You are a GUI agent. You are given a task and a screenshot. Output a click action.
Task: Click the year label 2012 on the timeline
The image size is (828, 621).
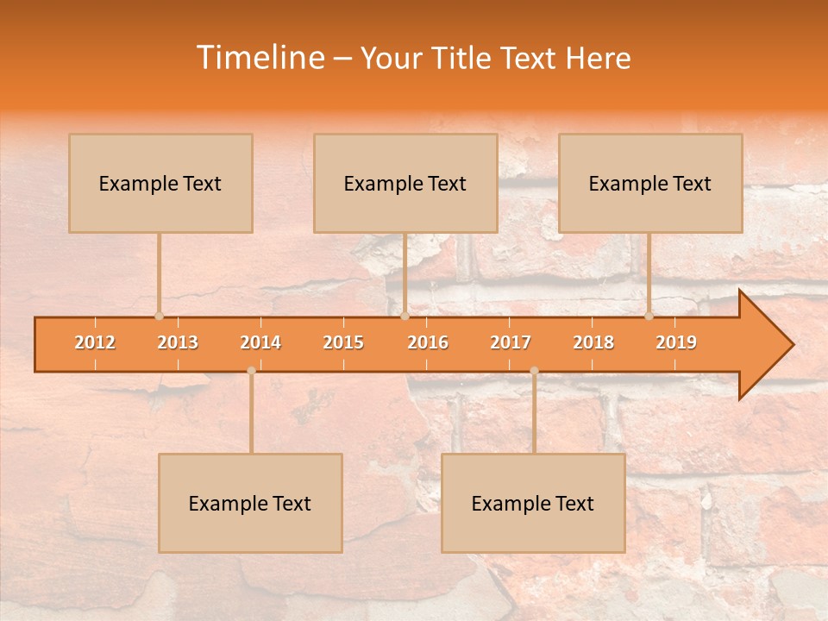coord(95,342)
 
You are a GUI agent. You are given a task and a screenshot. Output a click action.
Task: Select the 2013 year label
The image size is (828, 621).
coord(178,342)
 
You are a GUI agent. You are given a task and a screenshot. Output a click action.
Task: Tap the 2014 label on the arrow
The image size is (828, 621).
coord(260,342)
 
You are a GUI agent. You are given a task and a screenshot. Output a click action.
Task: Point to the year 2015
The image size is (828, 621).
coord(343,342)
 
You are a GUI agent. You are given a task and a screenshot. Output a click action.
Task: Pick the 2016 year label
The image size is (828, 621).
coord(428,342)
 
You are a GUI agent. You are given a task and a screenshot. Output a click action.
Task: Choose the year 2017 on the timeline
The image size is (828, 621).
coord(511,342)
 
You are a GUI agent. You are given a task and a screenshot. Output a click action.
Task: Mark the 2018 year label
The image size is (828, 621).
coord(593,342)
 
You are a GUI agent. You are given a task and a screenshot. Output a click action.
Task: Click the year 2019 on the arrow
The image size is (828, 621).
coord(676,342)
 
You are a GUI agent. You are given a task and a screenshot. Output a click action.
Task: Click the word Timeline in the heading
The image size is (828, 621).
coord(259,58)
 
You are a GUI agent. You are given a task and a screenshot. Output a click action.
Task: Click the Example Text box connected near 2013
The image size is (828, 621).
coord(160,183)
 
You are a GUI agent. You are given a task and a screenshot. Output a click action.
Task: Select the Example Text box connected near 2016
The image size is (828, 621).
coord(405,183)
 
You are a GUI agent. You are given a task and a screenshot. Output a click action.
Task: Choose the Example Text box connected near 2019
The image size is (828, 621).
coord(650,183)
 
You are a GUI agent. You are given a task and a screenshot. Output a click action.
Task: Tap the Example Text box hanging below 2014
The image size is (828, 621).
coord(250,503)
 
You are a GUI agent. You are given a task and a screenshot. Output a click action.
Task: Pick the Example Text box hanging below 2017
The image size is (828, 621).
coord(533,503)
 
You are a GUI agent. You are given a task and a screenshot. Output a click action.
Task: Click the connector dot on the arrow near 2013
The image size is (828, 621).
coord(159,316)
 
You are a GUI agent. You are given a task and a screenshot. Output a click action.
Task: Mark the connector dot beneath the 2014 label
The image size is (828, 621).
coord(251,371)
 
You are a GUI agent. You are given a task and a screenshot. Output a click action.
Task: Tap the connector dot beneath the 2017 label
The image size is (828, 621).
coord(534,371)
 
